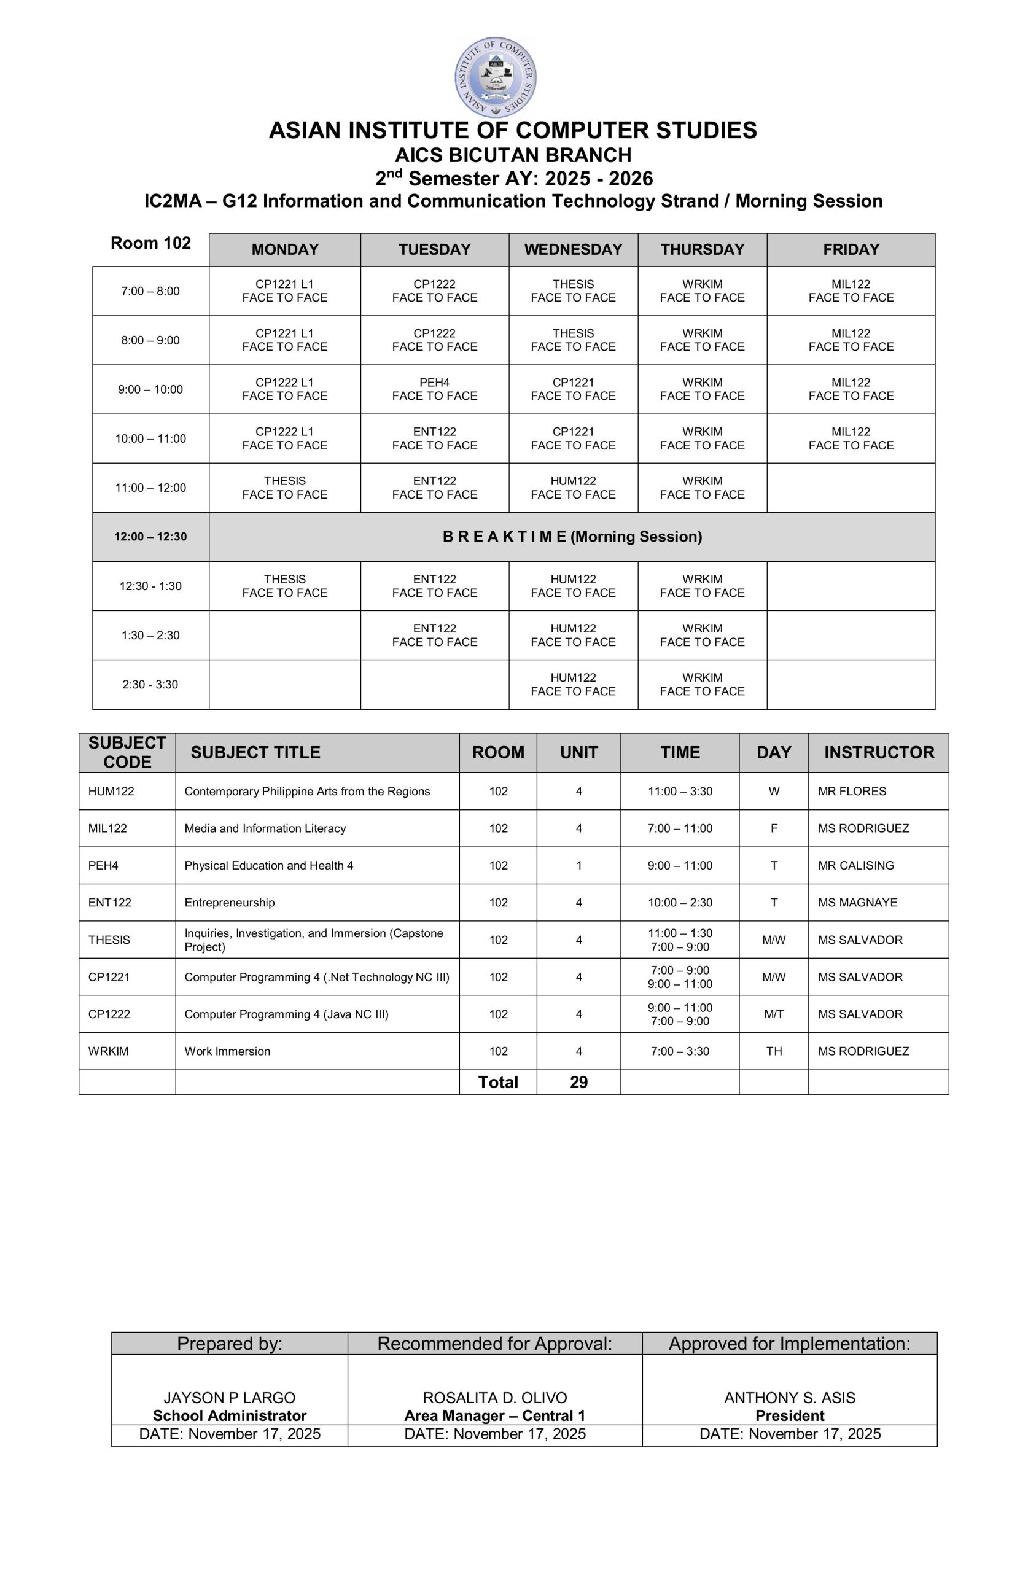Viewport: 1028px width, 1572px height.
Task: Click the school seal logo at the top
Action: [495, 77]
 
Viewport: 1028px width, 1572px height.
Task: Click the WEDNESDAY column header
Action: [573, 250]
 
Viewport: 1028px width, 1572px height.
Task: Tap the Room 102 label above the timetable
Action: [150, 243]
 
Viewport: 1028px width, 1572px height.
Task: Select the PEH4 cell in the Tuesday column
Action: [434, 389]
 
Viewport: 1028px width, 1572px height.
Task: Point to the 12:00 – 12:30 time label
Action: [150, 536]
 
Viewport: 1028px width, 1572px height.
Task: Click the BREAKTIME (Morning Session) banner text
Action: [572, 536]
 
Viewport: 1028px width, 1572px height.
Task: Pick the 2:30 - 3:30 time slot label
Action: [150, 684]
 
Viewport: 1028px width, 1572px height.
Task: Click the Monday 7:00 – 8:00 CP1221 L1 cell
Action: [285, 290]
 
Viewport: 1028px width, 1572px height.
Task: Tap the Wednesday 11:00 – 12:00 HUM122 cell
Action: [573, 488]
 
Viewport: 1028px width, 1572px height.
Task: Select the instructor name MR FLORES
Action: [852, 792]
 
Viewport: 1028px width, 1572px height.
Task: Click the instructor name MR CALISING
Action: [855, 865]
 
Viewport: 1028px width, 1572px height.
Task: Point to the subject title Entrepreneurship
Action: [229, 902]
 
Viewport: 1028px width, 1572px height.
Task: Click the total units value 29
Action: [578, 1082]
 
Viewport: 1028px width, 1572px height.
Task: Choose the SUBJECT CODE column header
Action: [127, 752]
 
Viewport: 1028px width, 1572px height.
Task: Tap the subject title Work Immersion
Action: [227, 1051]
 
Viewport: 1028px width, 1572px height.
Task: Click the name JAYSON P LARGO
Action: [229, 1398]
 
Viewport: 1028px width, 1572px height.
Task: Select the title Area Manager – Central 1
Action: [494, 1415]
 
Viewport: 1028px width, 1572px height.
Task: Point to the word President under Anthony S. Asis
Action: [790, 1415]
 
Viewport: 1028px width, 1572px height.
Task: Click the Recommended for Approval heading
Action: [494, 1344]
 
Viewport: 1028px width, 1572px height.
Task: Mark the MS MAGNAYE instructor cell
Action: [857, 902]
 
